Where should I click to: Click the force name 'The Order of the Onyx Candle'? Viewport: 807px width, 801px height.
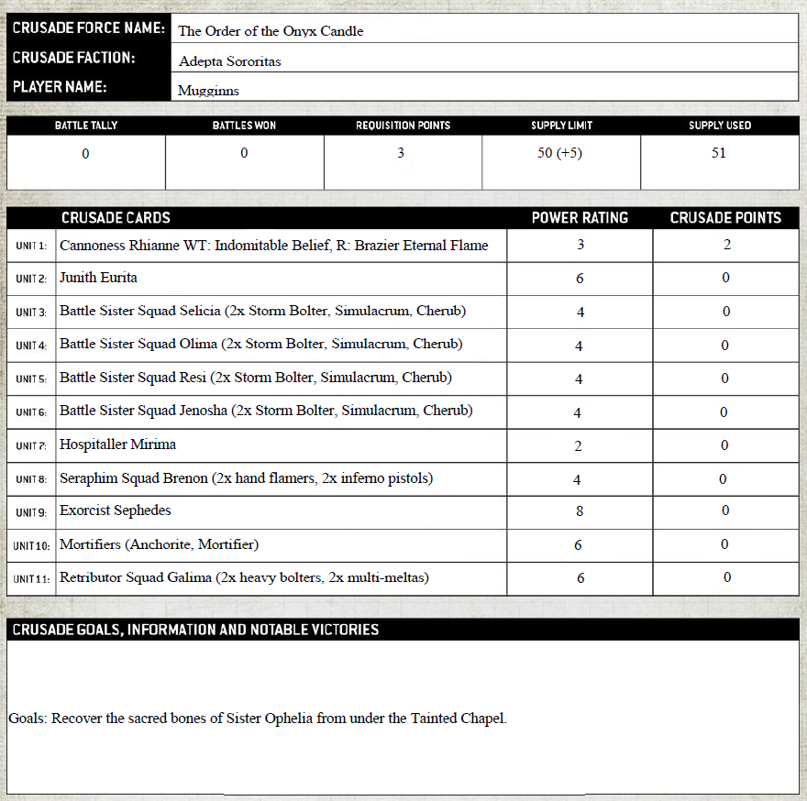tap(271, 31)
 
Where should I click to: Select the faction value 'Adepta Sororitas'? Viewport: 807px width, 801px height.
tap(230, 61)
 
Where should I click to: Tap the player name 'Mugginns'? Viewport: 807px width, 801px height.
tap(208, 91)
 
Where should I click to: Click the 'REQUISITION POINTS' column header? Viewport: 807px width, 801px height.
tap(403, 126)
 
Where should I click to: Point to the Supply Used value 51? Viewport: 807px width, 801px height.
tap(719, 153)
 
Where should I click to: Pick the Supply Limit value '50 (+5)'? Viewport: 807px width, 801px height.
tap(559, 153)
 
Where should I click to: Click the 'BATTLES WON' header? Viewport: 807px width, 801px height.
tap(244, 126)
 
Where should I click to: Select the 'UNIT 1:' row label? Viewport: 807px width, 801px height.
tap(31, 247)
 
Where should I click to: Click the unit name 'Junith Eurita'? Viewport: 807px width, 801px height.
tap(98, 278)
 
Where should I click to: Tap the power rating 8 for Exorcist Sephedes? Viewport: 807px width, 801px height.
tap(579, 511)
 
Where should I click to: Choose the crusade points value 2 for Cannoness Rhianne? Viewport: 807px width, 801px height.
tap(725, 245)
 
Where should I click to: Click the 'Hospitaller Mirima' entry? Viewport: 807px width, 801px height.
tap(117, 444)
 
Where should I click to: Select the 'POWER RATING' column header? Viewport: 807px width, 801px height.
tap(580, 218)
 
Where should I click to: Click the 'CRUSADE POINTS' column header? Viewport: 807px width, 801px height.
tap(725, 218)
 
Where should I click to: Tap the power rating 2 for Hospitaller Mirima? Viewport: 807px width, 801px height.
tap(579, 445)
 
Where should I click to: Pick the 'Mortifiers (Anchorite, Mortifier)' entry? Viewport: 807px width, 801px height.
tap(159, 544)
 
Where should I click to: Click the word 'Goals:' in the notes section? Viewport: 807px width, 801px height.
tap(28, 719)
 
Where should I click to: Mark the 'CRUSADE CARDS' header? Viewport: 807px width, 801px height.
tap(116, 218)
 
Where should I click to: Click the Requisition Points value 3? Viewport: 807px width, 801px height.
tap(401, 153)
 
